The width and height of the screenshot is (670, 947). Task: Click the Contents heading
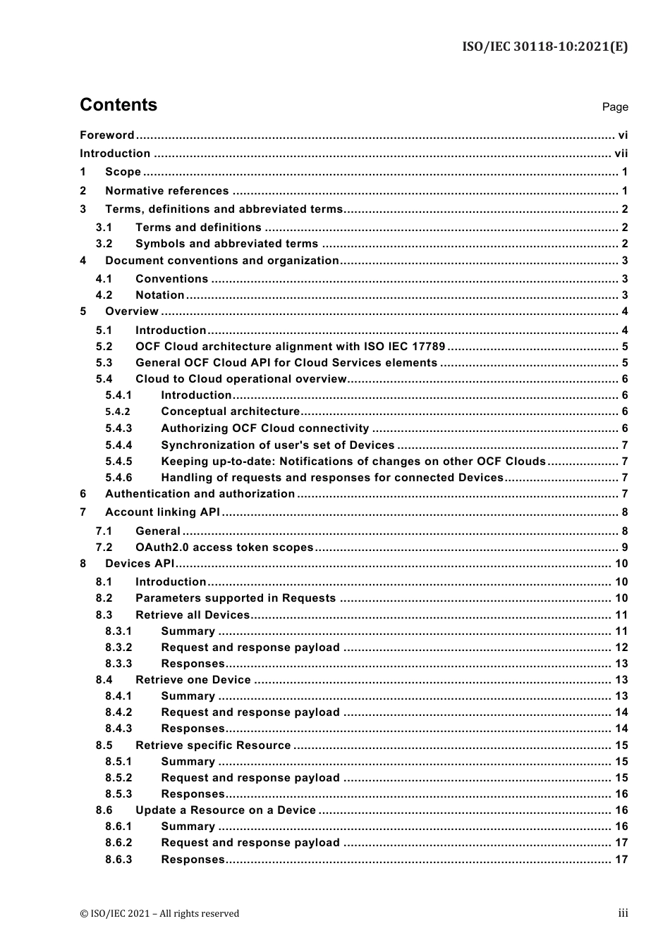pos(118,105)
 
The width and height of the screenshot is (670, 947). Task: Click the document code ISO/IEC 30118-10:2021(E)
pos(544,47)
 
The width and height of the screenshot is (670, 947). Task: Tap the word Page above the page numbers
pos(614,107)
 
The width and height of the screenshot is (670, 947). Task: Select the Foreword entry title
pos(106,135)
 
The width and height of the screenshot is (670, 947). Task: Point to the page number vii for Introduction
pos(621,154)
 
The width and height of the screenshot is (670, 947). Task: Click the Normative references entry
pos(166,191)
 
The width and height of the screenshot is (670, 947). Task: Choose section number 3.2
pos(104,244)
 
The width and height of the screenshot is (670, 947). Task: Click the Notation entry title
pos(159,295)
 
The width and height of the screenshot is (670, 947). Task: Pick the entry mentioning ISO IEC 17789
pos(290,347)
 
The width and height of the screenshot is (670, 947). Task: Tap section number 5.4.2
pos(118,412)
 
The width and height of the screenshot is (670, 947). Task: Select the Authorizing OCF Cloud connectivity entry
pos(264,428)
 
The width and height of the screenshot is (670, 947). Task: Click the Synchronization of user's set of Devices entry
pos(277,445)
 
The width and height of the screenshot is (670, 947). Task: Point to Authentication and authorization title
pos(200,494)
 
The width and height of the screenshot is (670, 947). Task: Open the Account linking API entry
pos(162,513)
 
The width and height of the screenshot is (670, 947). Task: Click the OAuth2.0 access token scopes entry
pos(224,547)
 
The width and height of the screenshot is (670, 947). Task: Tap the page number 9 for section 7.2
pos(624,547)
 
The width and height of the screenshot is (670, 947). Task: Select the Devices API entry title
pos(139,564)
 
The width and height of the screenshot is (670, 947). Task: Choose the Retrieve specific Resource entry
pos(213,745)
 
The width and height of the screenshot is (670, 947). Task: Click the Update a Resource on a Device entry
pos(225,810)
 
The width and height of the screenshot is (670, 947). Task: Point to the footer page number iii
pos(623,913)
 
